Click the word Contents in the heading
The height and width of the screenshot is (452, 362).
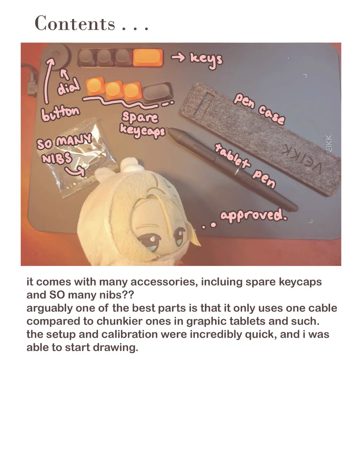coord(75,23)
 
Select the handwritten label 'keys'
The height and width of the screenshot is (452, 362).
coord(206,60)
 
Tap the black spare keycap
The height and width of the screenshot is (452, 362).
coord(158,92)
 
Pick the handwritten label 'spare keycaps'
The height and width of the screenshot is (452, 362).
coord(142,125)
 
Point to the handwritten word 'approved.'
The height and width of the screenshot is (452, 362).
coord(254,215)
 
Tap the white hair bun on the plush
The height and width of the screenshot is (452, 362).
coord(130,164)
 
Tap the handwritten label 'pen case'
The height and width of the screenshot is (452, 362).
coord(259,109)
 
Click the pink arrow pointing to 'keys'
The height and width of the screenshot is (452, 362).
coord(178,57)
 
